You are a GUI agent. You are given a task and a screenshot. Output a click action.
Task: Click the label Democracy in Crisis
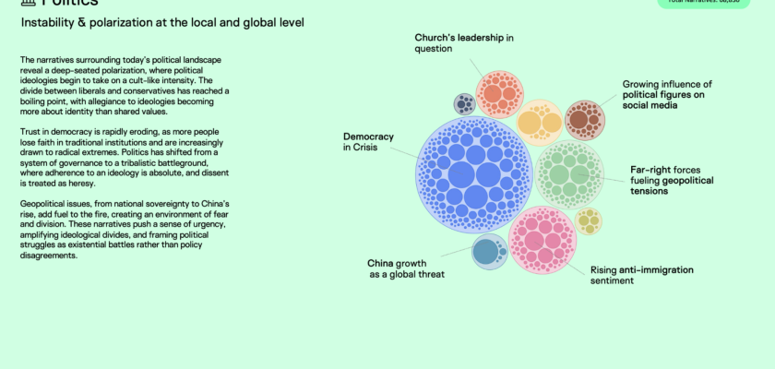tap(368, 142)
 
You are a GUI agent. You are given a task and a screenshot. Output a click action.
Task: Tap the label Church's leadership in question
tap(464, 42)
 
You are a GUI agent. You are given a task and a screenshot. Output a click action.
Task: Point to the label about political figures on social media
tap(654, 95)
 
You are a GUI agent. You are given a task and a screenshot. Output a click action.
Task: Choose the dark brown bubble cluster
tap(584, 119)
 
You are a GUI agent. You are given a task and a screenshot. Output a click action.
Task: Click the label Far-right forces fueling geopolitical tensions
tap(669, 180)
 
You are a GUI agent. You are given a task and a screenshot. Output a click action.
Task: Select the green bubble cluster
tap(570, 173)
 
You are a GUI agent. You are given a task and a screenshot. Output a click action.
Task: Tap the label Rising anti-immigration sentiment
tap(641, 275)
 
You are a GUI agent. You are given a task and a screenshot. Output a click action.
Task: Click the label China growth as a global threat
tap(406, 268)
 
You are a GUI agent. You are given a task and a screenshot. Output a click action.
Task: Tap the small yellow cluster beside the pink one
tap(589, 221)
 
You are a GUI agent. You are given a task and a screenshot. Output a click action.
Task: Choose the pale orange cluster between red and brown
tap(539, 122)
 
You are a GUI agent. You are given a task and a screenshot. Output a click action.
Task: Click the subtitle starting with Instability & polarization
tap(162, 21)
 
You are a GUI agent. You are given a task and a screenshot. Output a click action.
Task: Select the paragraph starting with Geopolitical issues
tap(125, 229)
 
